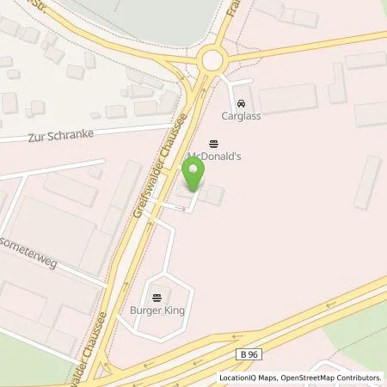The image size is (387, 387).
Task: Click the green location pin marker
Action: [194, 174]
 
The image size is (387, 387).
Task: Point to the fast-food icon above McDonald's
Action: [213, 143]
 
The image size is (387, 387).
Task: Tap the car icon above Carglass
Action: [240, 102]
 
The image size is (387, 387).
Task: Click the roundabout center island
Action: [210, 60]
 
